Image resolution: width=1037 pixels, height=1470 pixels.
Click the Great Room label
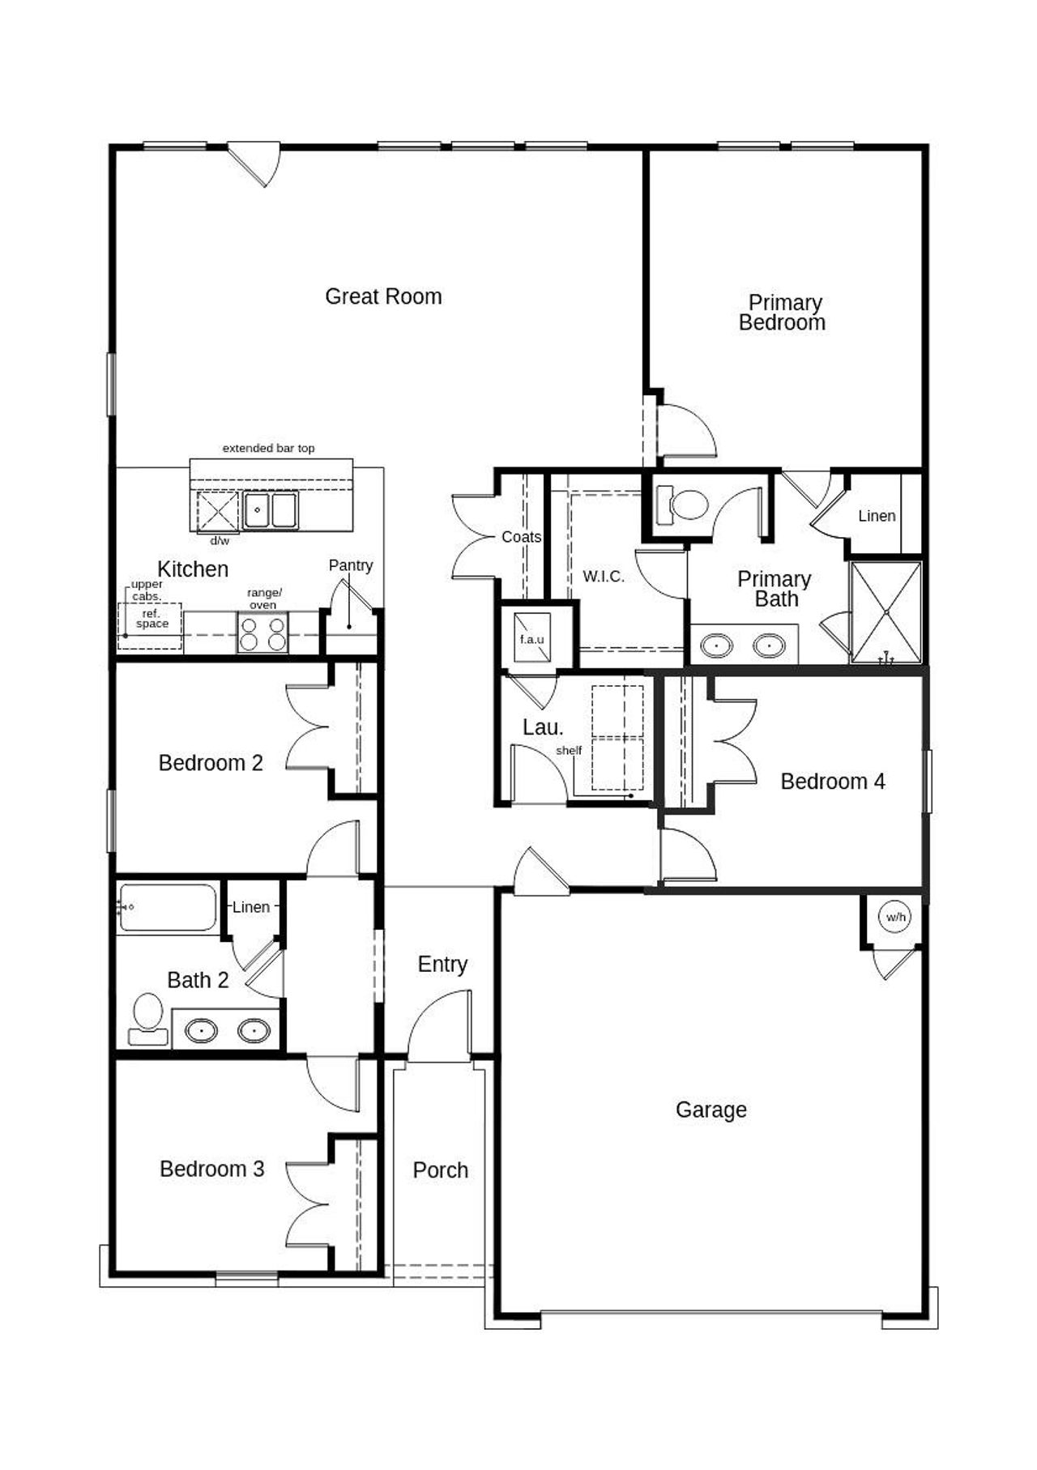(x=383, y=296)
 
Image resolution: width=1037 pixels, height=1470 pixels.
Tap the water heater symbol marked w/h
(x=895, y=917)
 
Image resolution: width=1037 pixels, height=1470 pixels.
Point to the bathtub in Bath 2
(x=168, y=907)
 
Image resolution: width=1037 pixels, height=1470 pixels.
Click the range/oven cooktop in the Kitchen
(x=262, y=633)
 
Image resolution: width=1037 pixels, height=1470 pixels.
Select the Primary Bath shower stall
(x=886, y=612)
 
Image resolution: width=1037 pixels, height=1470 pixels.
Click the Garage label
(x=711, y=1110)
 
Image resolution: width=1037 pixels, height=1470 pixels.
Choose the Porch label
(x=440, y=1170)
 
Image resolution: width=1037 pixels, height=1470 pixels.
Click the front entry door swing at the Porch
(x=438, y=1033)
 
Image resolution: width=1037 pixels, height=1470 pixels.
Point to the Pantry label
(x=350, y=565)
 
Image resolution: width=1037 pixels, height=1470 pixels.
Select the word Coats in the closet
(x=521, y=537)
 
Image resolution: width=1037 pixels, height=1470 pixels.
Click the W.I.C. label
(x=603, y=577)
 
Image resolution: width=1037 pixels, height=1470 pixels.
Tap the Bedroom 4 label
(x=832, y=782)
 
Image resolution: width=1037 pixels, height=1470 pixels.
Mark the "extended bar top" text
(x=268, y=448)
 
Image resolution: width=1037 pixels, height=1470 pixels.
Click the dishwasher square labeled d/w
(x=218, y=512)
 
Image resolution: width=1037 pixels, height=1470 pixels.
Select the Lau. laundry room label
(x=542, y=727)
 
